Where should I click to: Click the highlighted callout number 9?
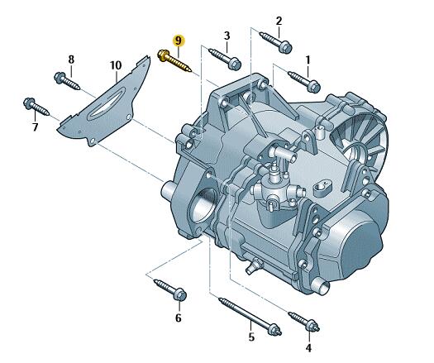179,41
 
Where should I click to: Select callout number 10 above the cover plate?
116,65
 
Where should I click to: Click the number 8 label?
71,60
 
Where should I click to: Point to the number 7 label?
35,127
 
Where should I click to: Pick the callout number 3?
227,36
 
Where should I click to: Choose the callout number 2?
279,21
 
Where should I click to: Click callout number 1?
308,60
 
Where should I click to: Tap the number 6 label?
179,318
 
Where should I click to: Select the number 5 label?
251,337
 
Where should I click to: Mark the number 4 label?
308,347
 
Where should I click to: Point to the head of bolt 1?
313,86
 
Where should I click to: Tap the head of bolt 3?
235,64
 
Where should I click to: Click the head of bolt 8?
60,77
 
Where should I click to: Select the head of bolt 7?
29,103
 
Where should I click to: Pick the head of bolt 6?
179,294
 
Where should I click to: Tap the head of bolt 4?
312,326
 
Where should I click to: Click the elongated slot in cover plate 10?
105,103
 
